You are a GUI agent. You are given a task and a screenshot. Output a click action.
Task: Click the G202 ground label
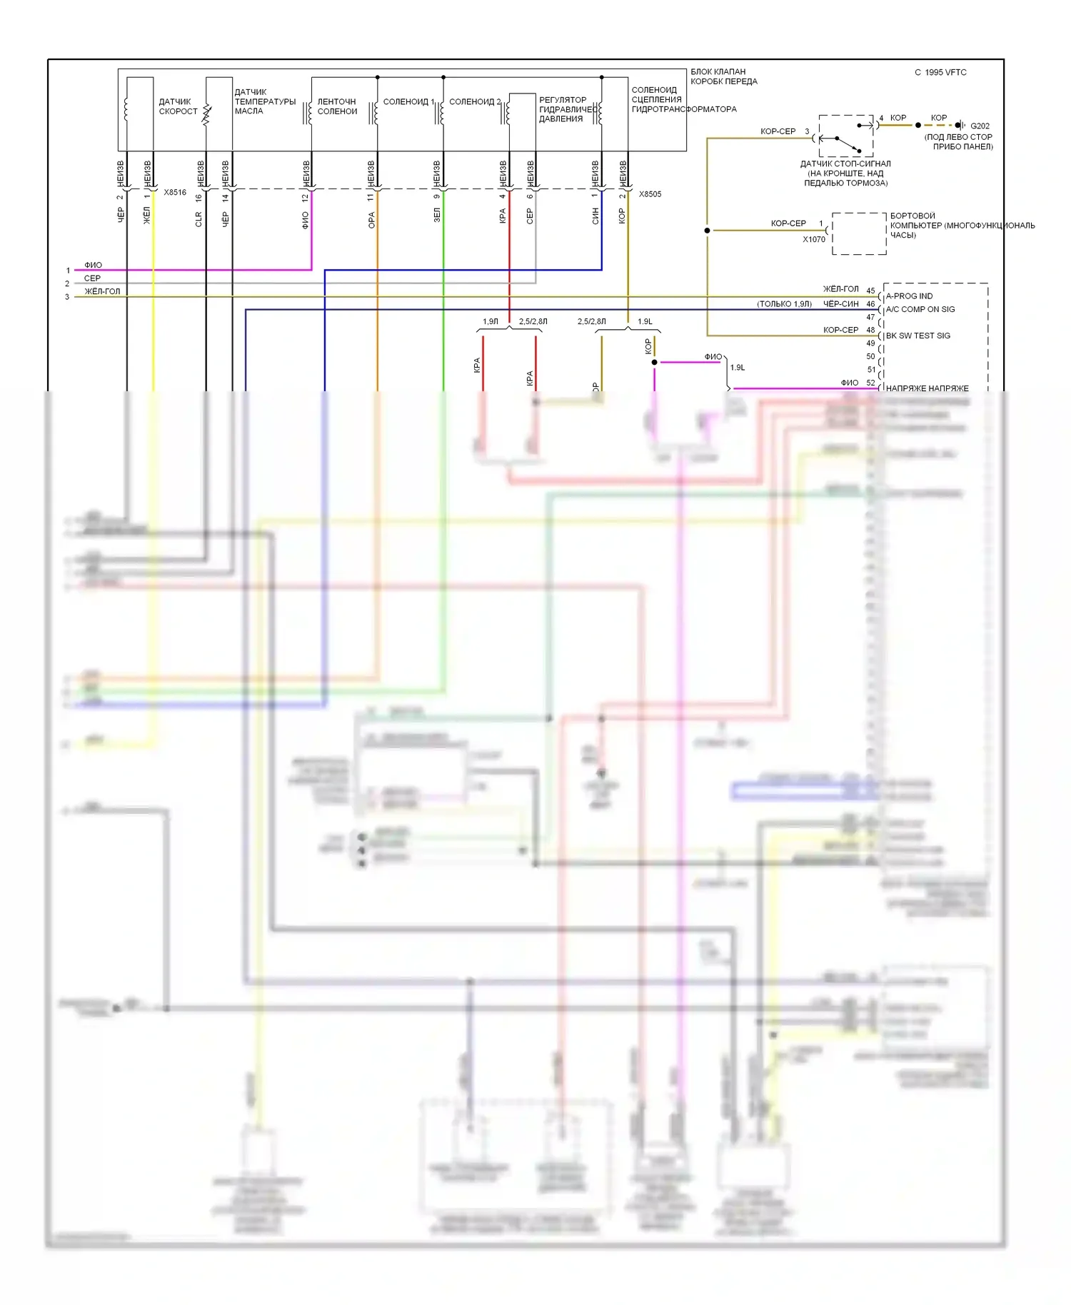980,126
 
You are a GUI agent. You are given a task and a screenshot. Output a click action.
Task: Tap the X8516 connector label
175,192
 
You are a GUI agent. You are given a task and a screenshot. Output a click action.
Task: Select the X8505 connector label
650,193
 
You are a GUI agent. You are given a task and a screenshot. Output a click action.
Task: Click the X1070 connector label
813,239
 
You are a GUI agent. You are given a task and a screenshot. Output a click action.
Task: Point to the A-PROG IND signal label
909,296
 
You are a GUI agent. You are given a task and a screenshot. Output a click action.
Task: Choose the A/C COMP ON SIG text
920,309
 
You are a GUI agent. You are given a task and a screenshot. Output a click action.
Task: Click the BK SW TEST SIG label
917,336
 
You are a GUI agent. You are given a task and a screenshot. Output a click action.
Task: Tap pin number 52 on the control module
870,383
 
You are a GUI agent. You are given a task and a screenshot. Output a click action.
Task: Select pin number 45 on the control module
870,291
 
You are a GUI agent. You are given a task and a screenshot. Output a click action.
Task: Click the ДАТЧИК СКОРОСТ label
178,106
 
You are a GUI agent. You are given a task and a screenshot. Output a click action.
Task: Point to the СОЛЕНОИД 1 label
408,101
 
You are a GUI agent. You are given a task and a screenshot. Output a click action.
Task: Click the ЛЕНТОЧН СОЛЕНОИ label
337,106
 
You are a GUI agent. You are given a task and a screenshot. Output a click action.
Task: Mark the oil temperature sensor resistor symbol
207,114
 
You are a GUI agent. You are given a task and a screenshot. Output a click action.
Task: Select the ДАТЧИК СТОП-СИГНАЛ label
845,173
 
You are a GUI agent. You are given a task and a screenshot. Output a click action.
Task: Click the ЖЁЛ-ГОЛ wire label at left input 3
102,291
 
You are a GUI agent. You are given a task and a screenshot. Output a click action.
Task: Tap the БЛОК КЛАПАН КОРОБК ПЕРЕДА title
723,76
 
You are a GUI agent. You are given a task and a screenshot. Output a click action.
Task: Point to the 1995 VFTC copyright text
940,72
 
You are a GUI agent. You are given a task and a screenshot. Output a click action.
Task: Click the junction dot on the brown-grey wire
707,231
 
